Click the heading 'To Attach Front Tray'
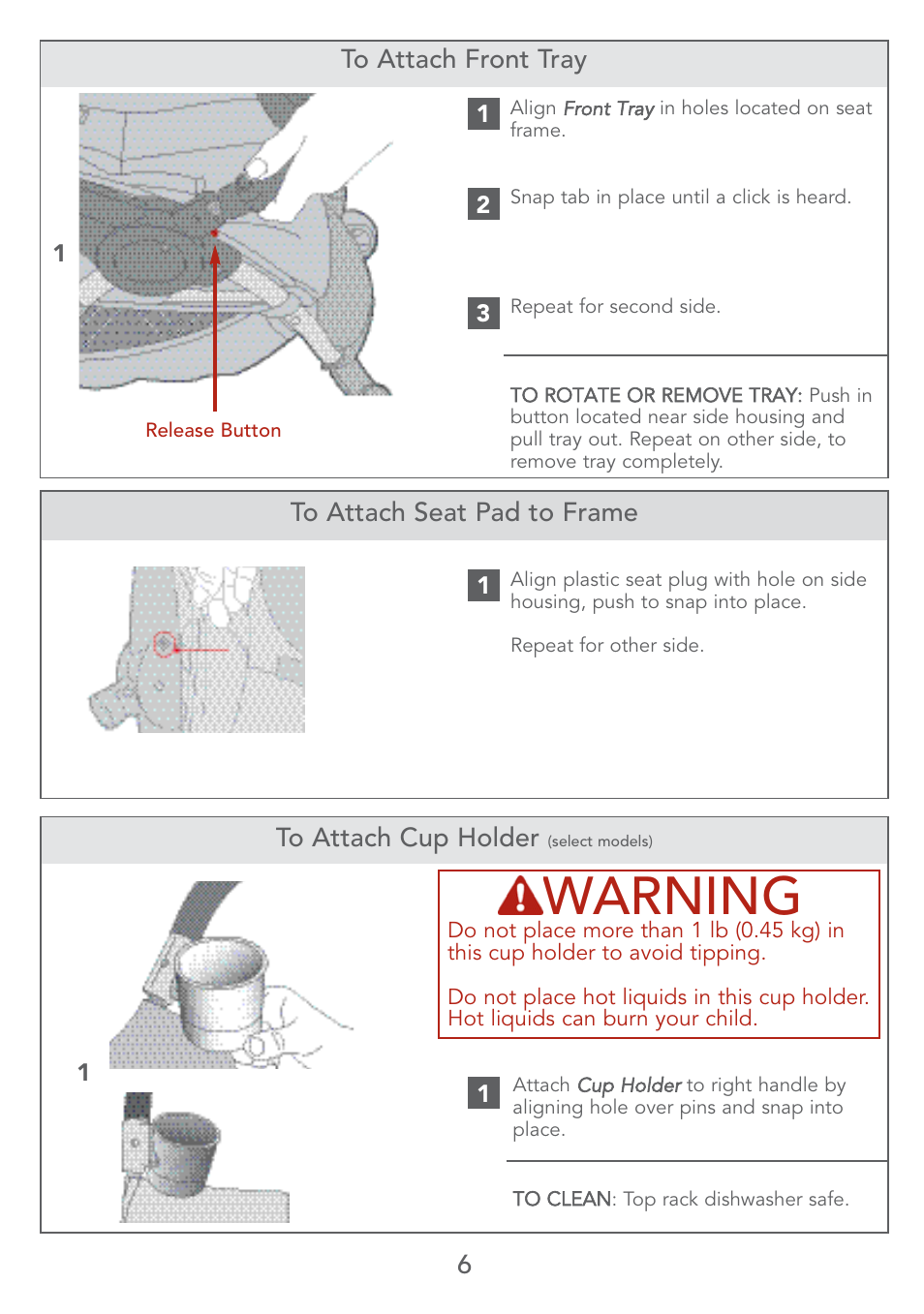coord(463,60)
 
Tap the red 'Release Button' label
coord(213,431)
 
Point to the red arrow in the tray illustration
coord(215,320)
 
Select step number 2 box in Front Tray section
coord(483,204)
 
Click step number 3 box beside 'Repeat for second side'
coord(483,313)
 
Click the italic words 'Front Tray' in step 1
coord(608,108)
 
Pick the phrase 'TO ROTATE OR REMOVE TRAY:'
coord(656,395)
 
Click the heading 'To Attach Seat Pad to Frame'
coord(463,513)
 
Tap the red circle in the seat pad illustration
coord(165,644)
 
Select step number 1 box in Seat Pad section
coord(483,585)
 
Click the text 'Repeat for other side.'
coord(606,646)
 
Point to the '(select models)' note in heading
coord(600,841)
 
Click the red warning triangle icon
coord(520,897)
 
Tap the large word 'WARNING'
coord(672,896)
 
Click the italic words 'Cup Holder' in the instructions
coord(629,1085)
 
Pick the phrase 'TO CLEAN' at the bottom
coord(562,1200)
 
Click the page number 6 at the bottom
coord(464,1265)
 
